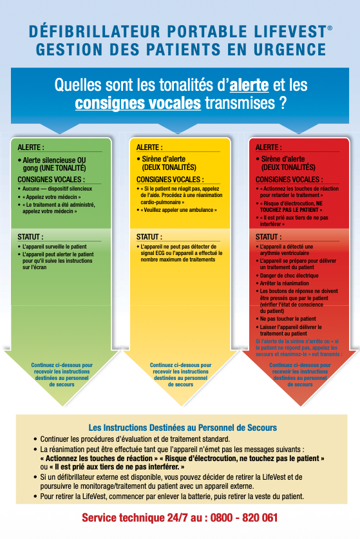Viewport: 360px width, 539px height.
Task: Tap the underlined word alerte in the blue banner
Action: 249,84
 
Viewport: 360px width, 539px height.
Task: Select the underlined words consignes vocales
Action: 138,103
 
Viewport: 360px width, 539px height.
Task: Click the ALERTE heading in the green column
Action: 31,147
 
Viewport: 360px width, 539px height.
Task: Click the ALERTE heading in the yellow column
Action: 149,147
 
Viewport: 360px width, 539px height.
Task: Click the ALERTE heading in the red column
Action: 268,147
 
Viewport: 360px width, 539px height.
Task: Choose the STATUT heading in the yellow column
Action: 149,237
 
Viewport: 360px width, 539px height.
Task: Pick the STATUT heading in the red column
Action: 268,237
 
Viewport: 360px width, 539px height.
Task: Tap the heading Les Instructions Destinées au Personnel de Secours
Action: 182,428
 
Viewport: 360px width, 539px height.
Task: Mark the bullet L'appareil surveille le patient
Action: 55,247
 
